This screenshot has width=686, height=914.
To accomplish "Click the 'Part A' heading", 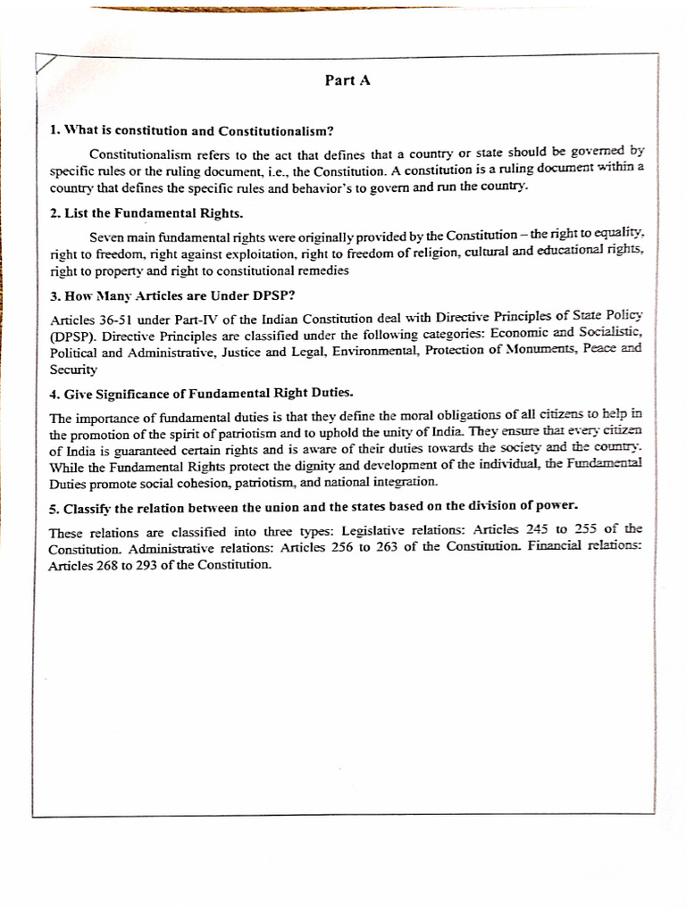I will pyautogui.click(x=348, y=80).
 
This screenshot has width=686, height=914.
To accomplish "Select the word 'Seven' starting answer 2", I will pyautogui.click(x=107, y=237).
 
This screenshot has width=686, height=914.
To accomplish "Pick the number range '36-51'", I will pyautogui.click(x=114, y=320).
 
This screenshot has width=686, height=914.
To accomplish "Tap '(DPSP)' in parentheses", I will pyautogui.click(x=71, y=337).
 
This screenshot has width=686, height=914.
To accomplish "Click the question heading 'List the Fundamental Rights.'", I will pyautogui.click(x=147, y=214).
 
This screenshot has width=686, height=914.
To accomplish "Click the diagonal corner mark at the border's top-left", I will pyautogui.click(x=46, y=65).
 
